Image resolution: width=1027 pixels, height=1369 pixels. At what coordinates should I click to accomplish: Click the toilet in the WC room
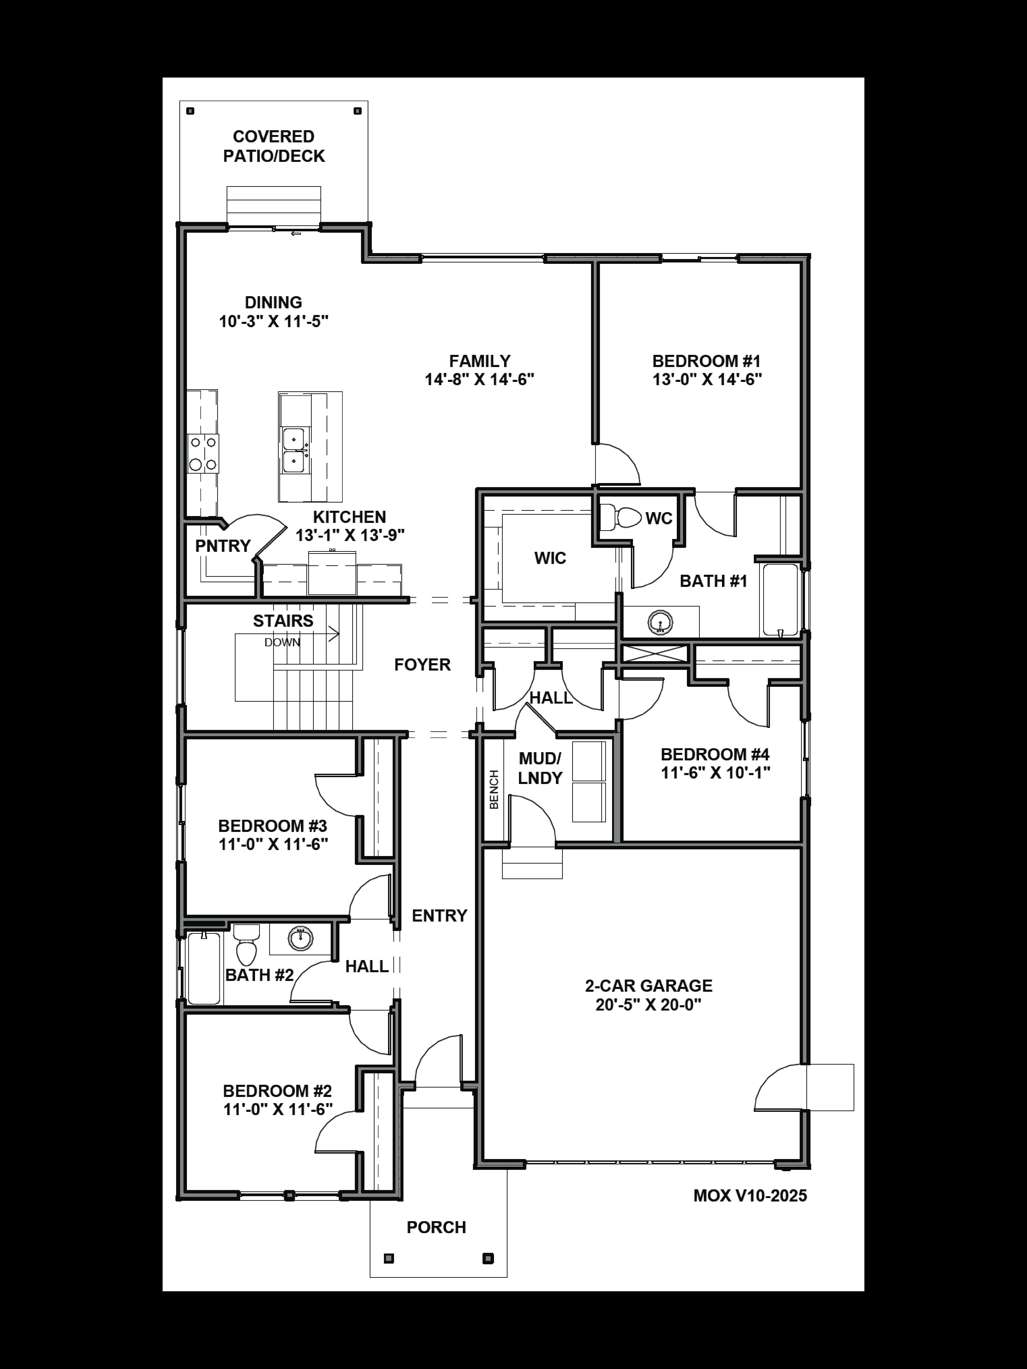[621, 517]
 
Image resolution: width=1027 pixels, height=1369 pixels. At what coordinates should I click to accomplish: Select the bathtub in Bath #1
[780, 599]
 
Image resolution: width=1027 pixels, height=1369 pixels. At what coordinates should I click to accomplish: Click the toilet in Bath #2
[246, 945]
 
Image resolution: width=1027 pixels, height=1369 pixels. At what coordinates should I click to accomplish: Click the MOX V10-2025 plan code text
[750, 1196]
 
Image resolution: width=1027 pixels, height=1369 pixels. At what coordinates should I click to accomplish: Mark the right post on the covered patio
[357, 111]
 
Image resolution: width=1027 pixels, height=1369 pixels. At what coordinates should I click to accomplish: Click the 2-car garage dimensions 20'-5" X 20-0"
[648, 1005]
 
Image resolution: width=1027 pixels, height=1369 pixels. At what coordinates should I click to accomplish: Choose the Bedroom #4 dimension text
[715, 772]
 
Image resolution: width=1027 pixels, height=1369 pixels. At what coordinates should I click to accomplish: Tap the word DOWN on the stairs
[282, 642]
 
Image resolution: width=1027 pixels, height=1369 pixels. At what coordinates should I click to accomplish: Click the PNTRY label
[223, 546]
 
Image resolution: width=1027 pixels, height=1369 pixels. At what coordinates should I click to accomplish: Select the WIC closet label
[550, 558]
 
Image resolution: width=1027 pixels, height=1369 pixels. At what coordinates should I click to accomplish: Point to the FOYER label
[422, 665]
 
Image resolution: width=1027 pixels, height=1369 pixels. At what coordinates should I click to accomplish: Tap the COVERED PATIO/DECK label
[274, 146]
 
